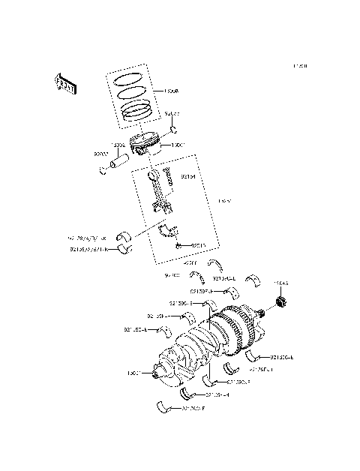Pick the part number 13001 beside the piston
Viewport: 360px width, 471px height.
(178, 145)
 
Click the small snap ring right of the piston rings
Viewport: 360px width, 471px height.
(172, 126)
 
